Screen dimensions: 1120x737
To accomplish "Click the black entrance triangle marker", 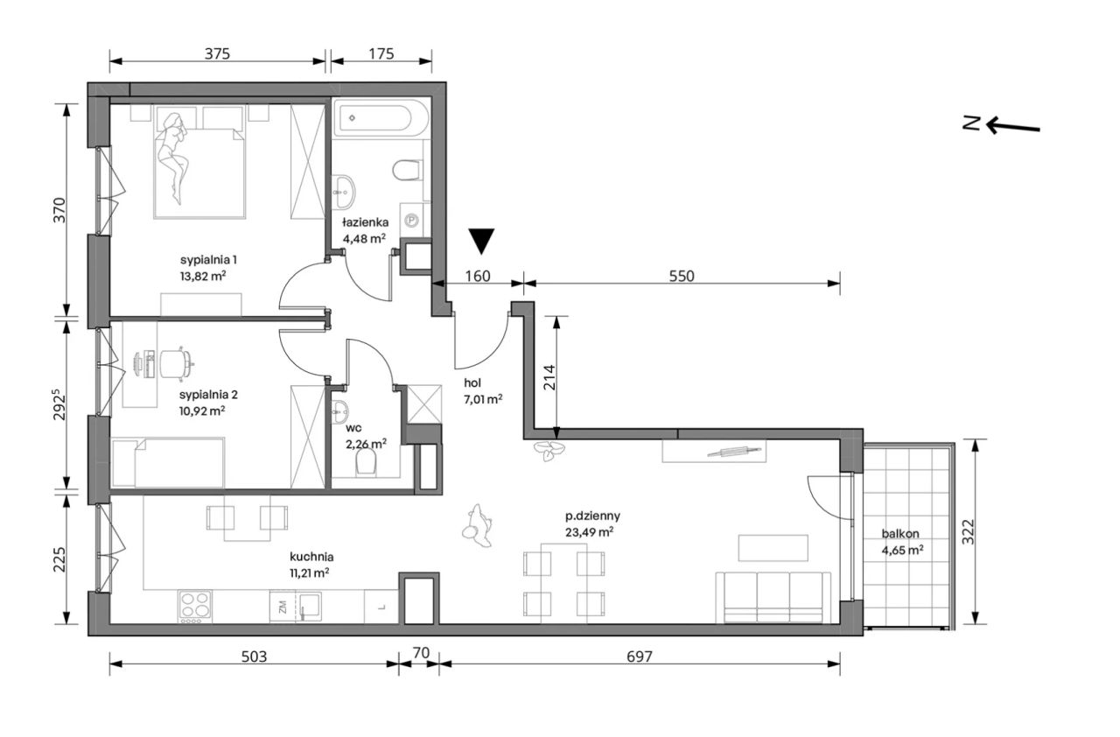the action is pos(481,242).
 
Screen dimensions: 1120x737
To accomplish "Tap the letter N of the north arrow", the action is pos(971,123).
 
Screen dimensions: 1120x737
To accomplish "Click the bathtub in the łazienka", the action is pos(381,118).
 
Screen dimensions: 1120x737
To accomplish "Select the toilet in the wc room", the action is pos(366,462).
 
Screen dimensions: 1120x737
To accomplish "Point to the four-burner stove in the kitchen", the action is pos(195,607).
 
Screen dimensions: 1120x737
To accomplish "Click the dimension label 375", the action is pos(217,53).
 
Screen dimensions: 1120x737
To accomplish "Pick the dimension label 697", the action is pos(640,656).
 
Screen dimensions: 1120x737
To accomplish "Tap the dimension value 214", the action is pos(549,377).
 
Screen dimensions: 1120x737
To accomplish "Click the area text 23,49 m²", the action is pos(590,532).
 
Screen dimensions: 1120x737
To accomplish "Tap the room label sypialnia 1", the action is pos(208,260).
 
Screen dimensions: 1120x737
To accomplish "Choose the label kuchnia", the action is pos(311,557).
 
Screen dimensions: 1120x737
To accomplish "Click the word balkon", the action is pos(900,534).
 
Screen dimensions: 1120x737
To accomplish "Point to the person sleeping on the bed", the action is pos(173,158).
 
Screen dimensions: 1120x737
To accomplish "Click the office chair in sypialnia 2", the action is pos(176,362).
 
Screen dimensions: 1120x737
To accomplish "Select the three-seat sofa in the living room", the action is pos(773,598).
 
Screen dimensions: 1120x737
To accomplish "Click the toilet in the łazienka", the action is pos(407,170).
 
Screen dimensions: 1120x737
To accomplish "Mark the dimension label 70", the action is pos(421,653).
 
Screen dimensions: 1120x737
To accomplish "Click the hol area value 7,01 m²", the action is pos(483,399).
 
